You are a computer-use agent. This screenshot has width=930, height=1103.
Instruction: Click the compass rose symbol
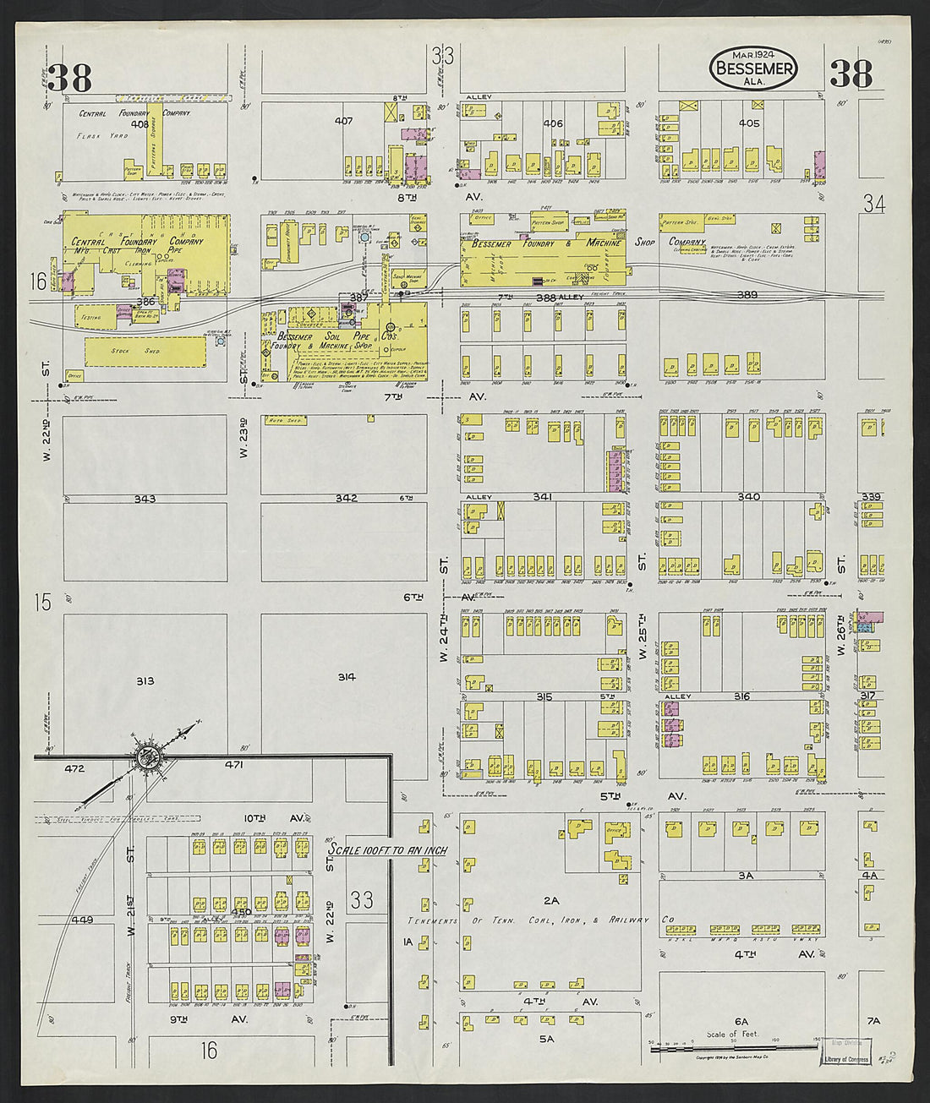click(x=150, y=755)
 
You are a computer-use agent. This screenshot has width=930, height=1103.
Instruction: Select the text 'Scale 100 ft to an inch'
click(x=389, y=849)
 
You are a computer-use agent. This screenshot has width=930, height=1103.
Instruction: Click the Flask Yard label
click(x=101, y=136)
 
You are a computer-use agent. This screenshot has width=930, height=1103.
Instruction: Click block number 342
click(x=346, y=498)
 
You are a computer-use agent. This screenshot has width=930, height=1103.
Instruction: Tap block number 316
click(x=741, y=696)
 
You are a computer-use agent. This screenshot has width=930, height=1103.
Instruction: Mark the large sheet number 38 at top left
click(x=69, y=78)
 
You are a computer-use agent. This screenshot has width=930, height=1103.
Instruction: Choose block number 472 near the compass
click(x=76, y=768)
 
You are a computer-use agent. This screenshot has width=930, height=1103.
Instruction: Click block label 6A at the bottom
click(x=741, y=1021)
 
